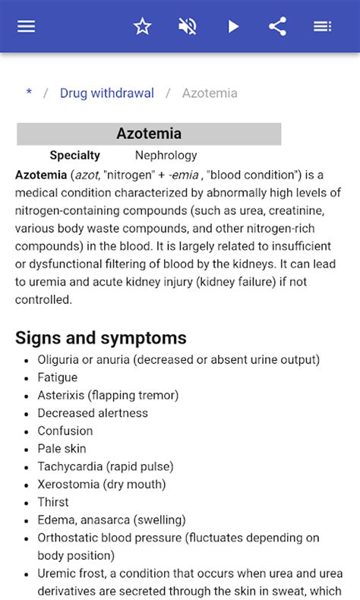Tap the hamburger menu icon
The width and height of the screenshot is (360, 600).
pos(27,27)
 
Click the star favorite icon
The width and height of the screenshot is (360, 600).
pos(143,27)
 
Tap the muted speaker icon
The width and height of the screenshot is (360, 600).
pos(188,27)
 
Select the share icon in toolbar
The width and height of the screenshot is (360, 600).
pos(277,27)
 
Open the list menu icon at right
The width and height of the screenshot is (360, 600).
pos(322,27)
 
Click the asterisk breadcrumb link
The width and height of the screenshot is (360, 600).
pos(29,93)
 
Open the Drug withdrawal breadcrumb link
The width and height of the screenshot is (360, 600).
pos(107,93)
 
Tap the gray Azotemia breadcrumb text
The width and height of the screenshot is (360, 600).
pos(210,93)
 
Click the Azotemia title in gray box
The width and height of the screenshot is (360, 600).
pos(149,134)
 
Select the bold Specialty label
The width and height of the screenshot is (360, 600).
pos(74,155)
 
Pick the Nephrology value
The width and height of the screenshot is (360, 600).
pos(166,155)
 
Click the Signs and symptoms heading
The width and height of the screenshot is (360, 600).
pos(101,337)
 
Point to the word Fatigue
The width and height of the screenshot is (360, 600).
pos(58,377)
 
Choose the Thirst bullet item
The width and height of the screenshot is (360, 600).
pos(53,502)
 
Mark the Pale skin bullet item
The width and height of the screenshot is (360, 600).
pos(62,449)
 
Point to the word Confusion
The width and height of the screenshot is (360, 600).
pos(65,431)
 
